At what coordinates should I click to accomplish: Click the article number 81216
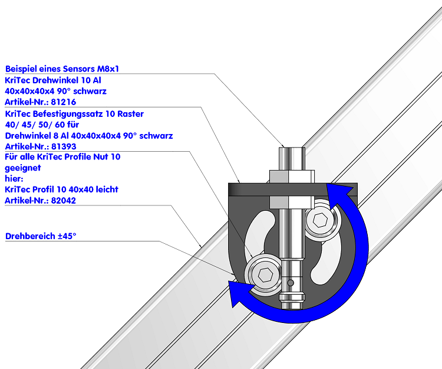tap(64, 102)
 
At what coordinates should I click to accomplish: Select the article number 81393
tap(64, 146)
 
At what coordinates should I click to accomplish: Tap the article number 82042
tap(64, 201)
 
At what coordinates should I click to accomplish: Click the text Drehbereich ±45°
tap(41, 236)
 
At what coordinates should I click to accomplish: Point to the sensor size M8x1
tap(108, 69)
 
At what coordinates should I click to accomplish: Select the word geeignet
tap(23, 168)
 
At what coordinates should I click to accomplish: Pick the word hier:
tap(14, 179)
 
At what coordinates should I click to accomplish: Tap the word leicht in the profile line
tap(107, 190)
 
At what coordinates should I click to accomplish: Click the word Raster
tap(130, 114)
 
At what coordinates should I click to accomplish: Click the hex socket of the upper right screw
tap(320, 220)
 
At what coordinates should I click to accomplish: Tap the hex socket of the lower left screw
tap(265, 275)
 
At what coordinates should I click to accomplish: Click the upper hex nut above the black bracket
tap(292, 177)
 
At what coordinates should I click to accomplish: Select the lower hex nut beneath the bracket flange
tap(292, 203)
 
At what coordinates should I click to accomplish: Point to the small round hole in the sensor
tap(291, 283)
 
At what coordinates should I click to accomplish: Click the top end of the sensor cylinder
tap(292, 148)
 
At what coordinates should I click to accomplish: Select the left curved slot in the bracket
tap(259, 233)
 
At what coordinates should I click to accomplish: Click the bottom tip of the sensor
tap(292, 308)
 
